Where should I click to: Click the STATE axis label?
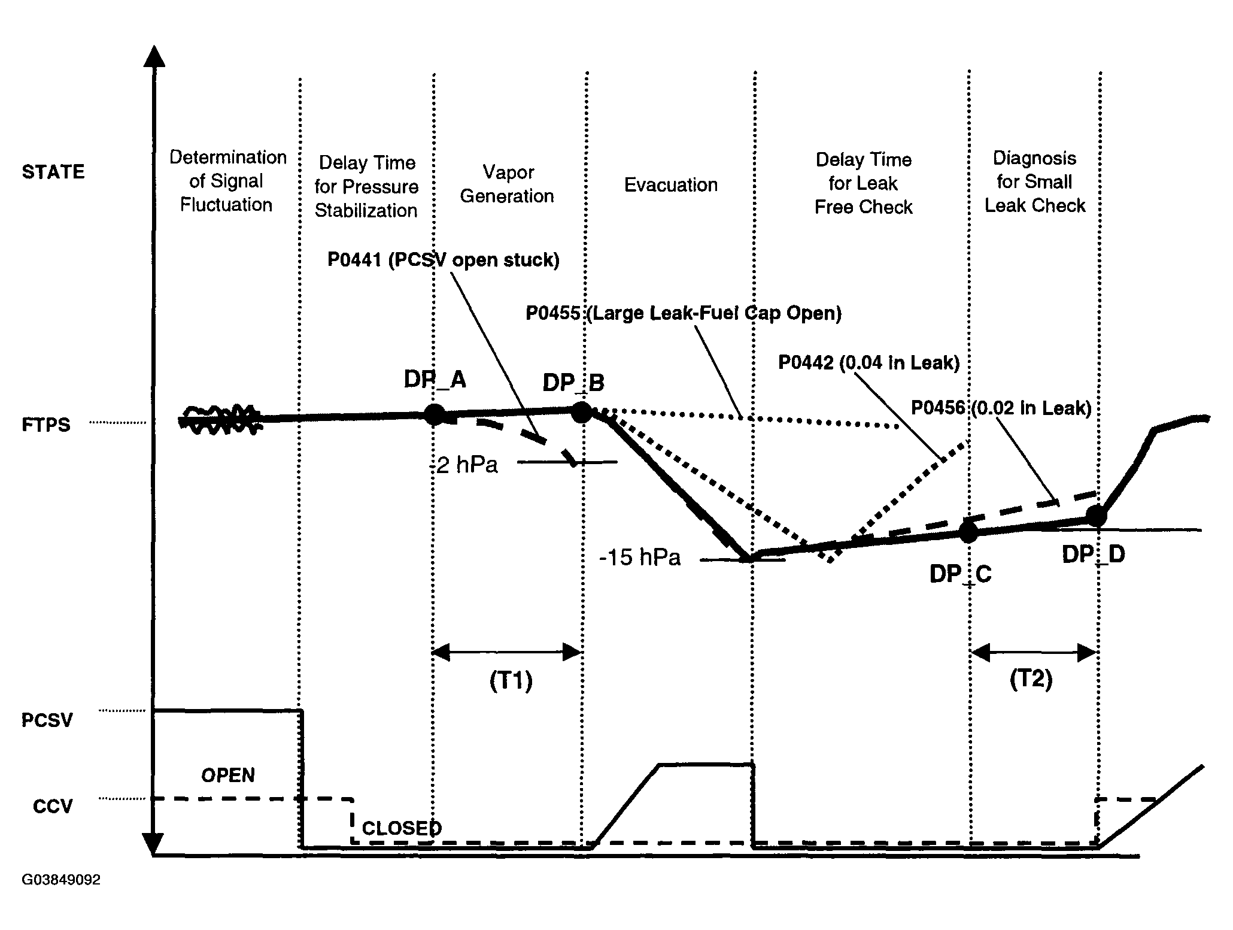coord(53,172)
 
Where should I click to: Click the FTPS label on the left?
coord(46,425)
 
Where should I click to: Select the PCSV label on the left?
coord(47,720)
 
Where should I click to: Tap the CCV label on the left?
coord(53,806)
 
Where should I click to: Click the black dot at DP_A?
coord(435,414)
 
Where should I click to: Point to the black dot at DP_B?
coord(582,411)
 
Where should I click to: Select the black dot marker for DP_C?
coord(968,532)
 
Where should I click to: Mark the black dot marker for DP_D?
coord(1097,516)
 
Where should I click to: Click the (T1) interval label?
coord(511,681)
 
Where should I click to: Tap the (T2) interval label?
coord(1031,680)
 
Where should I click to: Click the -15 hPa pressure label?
coord(640,558)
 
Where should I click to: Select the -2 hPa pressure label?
coord(464,465)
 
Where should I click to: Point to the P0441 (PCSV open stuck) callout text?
coord(443,260)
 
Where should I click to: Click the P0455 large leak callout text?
coord(684,313)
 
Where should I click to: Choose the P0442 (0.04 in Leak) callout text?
coord(869,362)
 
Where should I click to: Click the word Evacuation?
coord(671,185)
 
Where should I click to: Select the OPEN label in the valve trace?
coord(228,775)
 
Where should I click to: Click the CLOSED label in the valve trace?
coord(402,828)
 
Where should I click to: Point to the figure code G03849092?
coord(61,880)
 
